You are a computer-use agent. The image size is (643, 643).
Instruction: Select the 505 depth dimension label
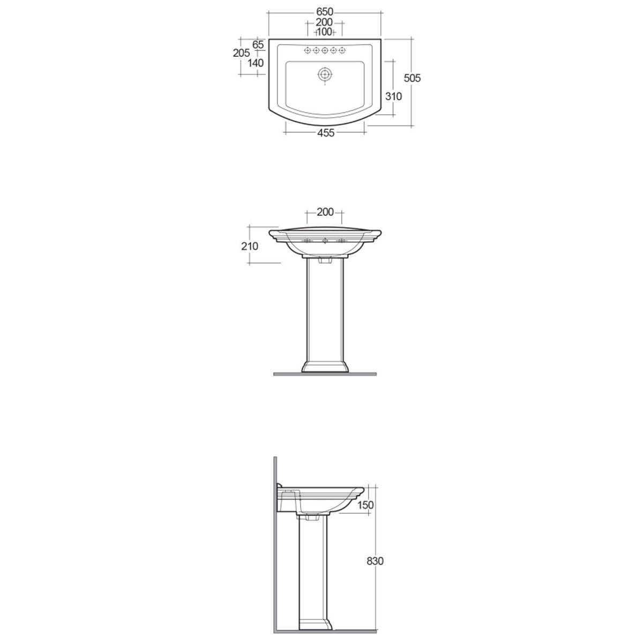click(x=412, y=78)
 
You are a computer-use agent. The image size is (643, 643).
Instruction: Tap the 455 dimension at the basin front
click(x=325, y=132)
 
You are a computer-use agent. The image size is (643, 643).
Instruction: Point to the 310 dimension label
click(x=393, y=96)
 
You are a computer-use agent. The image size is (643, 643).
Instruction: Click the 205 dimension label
click(x=242, y=53)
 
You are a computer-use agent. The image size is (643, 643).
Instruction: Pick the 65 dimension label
click(x=258, y=44)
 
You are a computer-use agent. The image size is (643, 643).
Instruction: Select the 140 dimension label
click(x=256, y=63)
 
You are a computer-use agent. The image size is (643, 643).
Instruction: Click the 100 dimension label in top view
click(x=325, y=32)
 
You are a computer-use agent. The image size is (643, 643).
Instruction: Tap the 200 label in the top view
click(x=325, y=22)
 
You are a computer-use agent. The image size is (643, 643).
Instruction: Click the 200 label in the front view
click(x=325, y=212)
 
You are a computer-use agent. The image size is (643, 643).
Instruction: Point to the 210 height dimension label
click(x=249, y=246)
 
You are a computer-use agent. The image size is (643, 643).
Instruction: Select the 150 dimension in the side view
click(x=366, y=505)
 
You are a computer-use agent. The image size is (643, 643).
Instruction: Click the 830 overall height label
click(x=376, y=561)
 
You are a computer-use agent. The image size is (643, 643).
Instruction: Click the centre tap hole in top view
click(x=325, y=51)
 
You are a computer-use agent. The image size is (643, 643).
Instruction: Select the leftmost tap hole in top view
click(x=308, y=51)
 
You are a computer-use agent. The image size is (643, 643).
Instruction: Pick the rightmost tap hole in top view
click(x=342, y=51)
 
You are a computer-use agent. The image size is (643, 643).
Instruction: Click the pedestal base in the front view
click(x=325, y=366)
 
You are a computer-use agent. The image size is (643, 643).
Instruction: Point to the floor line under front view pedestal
click(x=325, y=373)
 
